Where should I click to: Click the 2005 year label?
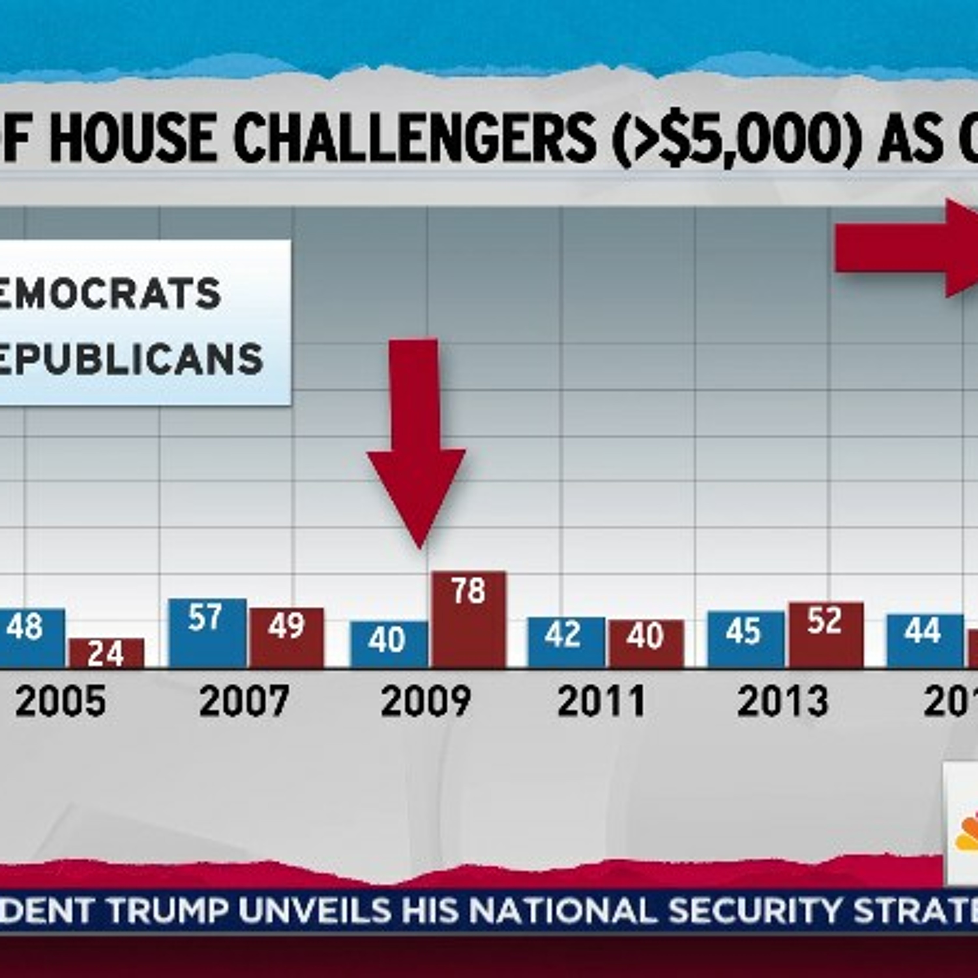coord(61,702)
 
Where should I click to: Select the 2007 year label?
coord(244,702)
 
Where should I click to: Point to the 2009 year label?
coord(426,702)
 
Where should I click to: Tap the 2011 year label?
coord(601,702)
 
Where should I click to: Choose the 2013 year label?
coord(783,702)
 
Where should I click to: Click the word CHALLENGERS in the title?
coord(415,138)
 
